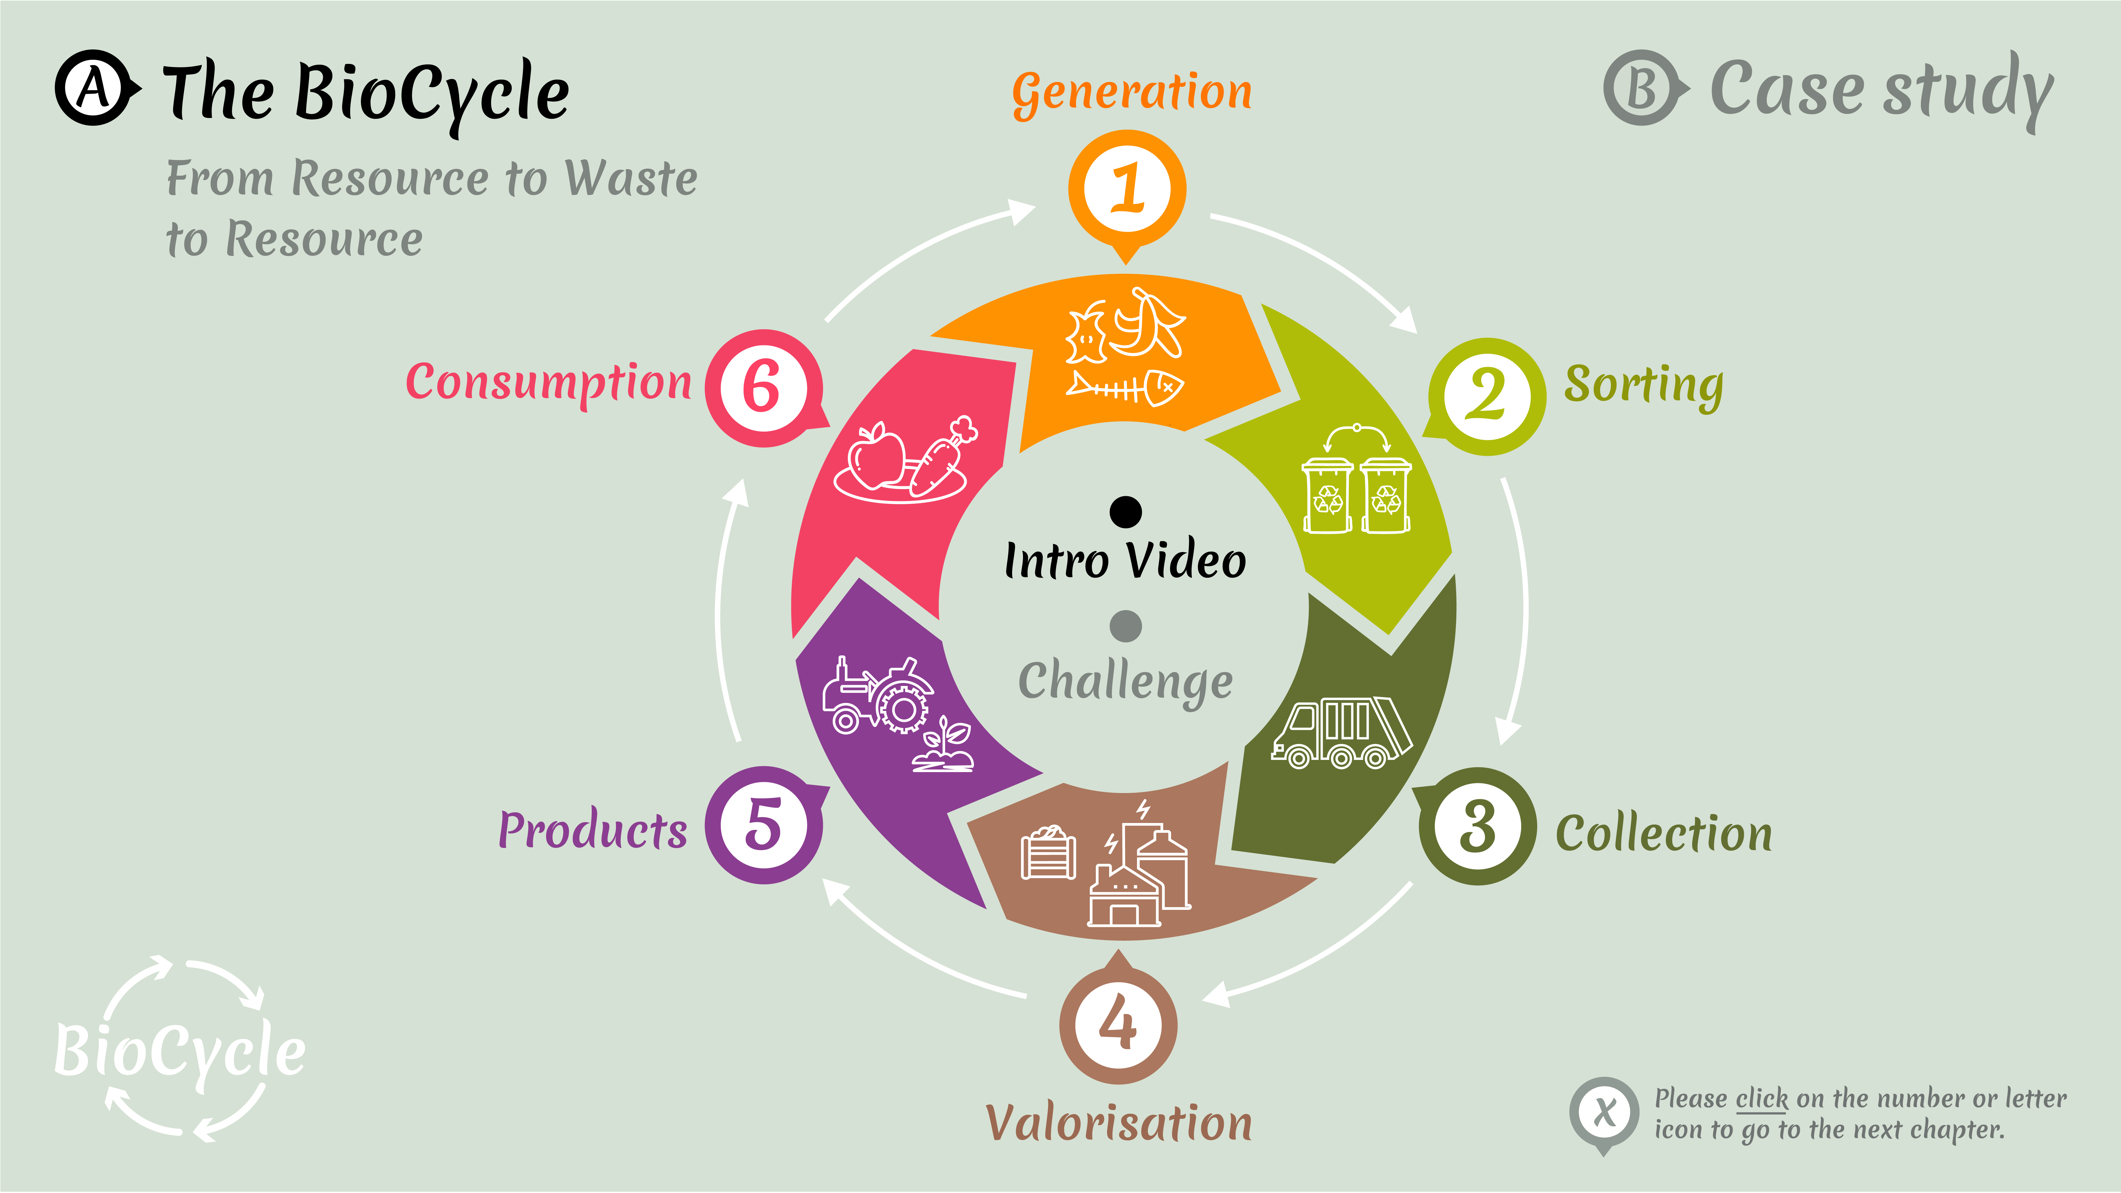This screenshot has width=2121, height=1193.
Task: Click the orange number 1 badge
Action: pos(1126,189)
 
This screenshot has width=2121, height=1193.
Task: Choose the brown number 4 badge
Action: pos(1118,1025)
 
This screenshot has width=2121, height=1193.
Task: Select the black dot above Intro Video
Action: pos(1126,511)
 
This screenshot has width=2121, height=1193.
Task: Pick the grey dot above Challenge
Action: pos(1126,626)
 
